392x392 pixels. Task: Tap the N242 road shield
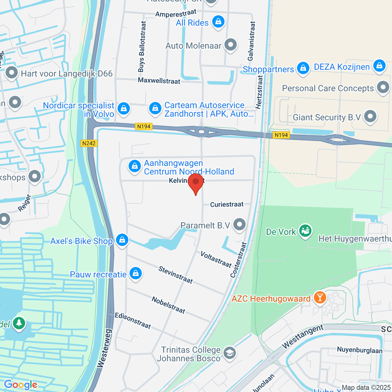click(x=89, y=143)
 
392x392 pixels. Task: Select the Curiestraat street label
click(x=227, y=204)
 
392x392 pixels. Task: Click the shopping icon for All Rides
click(x=218, y=22)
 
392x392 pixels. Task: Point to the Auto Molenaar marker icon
click(x=231, y=45)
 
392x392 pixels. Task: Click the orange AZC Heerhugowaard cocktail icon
click(x=319, y=298)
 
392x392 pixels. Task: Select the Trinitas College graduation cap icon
click(x=230, y=353)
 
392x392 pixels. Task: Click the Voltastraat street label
click(x=216, y=259)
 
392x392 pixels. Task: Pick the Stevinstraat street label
click(x=176, y=275)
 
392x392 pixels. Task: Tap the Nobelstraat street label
click(x=168, y=305)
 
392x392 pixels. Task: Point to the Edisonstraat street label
click(x=133, y=320)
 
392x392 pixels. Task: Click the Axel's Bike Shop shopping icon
click(x=122, y=240)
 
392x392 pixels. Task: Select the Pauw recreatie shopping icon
click(x=136, y=273)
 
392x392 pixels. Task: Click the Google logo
click(x=21, y=384)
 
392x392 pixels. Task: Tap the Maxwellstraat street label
click(x=159, y=80)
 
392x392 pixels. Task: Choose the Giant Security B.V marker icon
click(x=370, y=117)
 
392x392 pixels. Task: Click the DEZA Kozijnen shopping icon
click(x=379, y=66)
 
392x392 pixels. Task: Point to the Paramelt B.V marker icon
click(x=240, y=225)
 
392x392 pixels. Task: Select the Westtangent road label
click(x=302, y=336)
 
